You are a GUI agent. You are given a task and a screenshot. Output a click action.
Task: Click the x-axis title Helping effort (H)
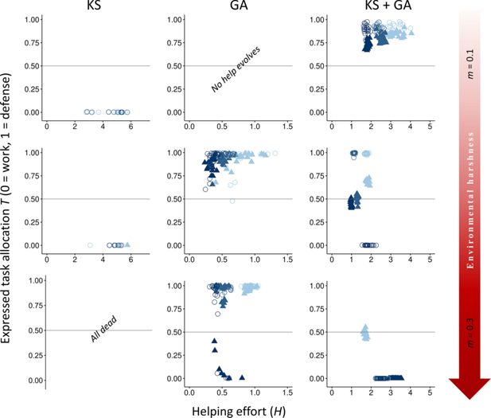click(231, 408)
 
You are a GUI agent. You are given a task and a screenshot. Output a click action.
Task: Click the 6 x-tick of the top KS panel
click(130, 126)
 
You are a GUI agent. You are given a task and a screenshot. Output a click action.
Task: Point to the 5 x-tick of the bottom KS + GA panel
click(429, 393)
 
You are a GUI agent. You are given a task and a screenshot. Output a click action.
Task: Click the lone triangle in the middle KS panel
click(127, 244)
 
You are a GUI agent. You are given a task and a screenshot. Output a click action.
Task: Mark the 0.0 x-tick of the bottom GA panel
click(188, 393)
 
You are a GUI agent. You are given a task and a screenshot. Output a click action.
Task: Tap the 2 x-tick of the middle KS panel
click(74, 259)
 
